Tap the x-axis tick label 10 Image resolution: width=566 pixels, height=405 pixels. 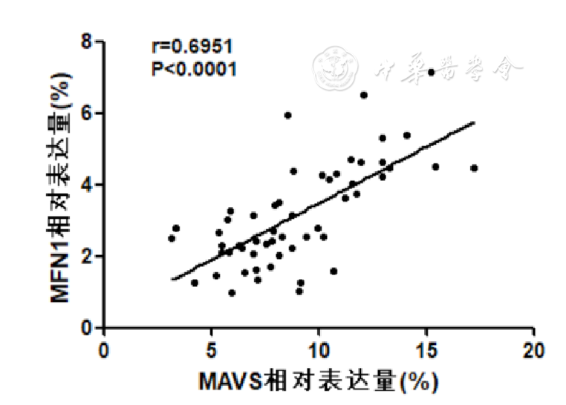pos(319,349)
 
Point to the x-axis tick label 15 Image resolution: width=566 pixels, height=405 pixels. pos(427,349)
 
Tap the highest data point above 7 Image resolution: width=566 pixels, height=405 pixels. pos(431,72)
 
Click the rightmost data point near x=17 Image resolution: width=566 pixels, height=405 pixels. pos(474,168)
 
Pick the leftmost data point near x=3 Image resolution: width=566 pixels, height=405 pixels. pos(172,239)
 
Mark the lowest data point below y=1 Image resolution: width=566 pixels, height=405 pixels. pos(232,293)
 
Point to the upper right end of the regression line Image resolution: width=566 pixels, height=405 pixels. pos(473,122)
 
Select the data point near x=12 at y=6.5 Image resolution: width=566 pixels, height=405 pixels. pos(364,95)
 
